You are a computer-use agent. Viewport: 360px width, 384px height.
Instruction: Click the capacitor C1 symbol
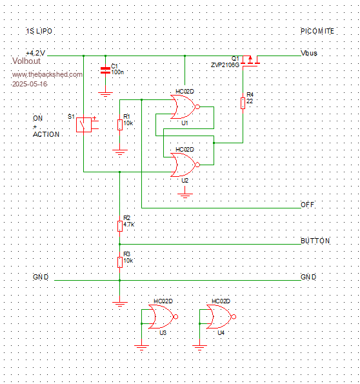pos(105,70)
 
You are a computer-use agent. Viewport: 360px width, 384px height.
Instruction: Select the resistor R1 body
pos(120,125)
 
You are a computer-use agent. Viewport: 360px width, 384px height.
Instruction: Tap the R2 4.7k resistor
pos(120,226)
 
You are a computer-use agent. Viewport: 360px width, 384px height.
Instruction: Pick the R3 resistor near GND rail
pos(120,262)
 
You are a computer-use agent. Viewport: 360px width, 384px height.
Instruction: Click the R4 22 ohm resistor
pos(243,103)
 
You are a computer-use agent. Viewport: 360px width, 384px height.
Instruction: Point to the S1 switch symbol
pos(84,125)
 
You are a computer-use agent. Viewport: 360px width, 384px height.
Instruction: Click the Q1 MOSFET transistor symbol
pos(250,61)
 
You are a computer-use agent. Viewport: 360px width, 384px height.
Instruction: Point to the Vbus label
pos(309,53)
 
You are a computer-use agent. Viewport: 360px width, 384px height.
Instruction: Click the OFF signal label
pos(307,205)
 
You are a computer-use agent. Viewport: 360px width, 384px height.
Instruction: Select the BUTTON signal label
pos(315,241)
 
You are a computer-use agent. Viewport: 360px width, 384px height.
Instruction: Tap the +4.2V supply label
pos(35,53)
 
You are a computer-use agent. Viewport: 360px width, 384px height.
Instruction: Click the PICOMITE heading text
pos(317,31)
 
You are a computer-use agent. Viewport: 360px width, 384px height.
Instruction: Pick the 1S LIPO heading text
pos(39,31)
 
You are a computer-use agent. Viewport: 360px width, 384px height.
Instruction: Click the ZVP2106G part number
pos(225,65)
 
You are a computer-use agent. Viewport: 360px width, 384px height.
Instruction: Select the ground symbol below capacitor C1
pos(105,94)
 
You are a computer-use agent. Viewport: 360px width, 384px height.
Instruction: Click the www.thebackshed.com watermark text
pos(47,74)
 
